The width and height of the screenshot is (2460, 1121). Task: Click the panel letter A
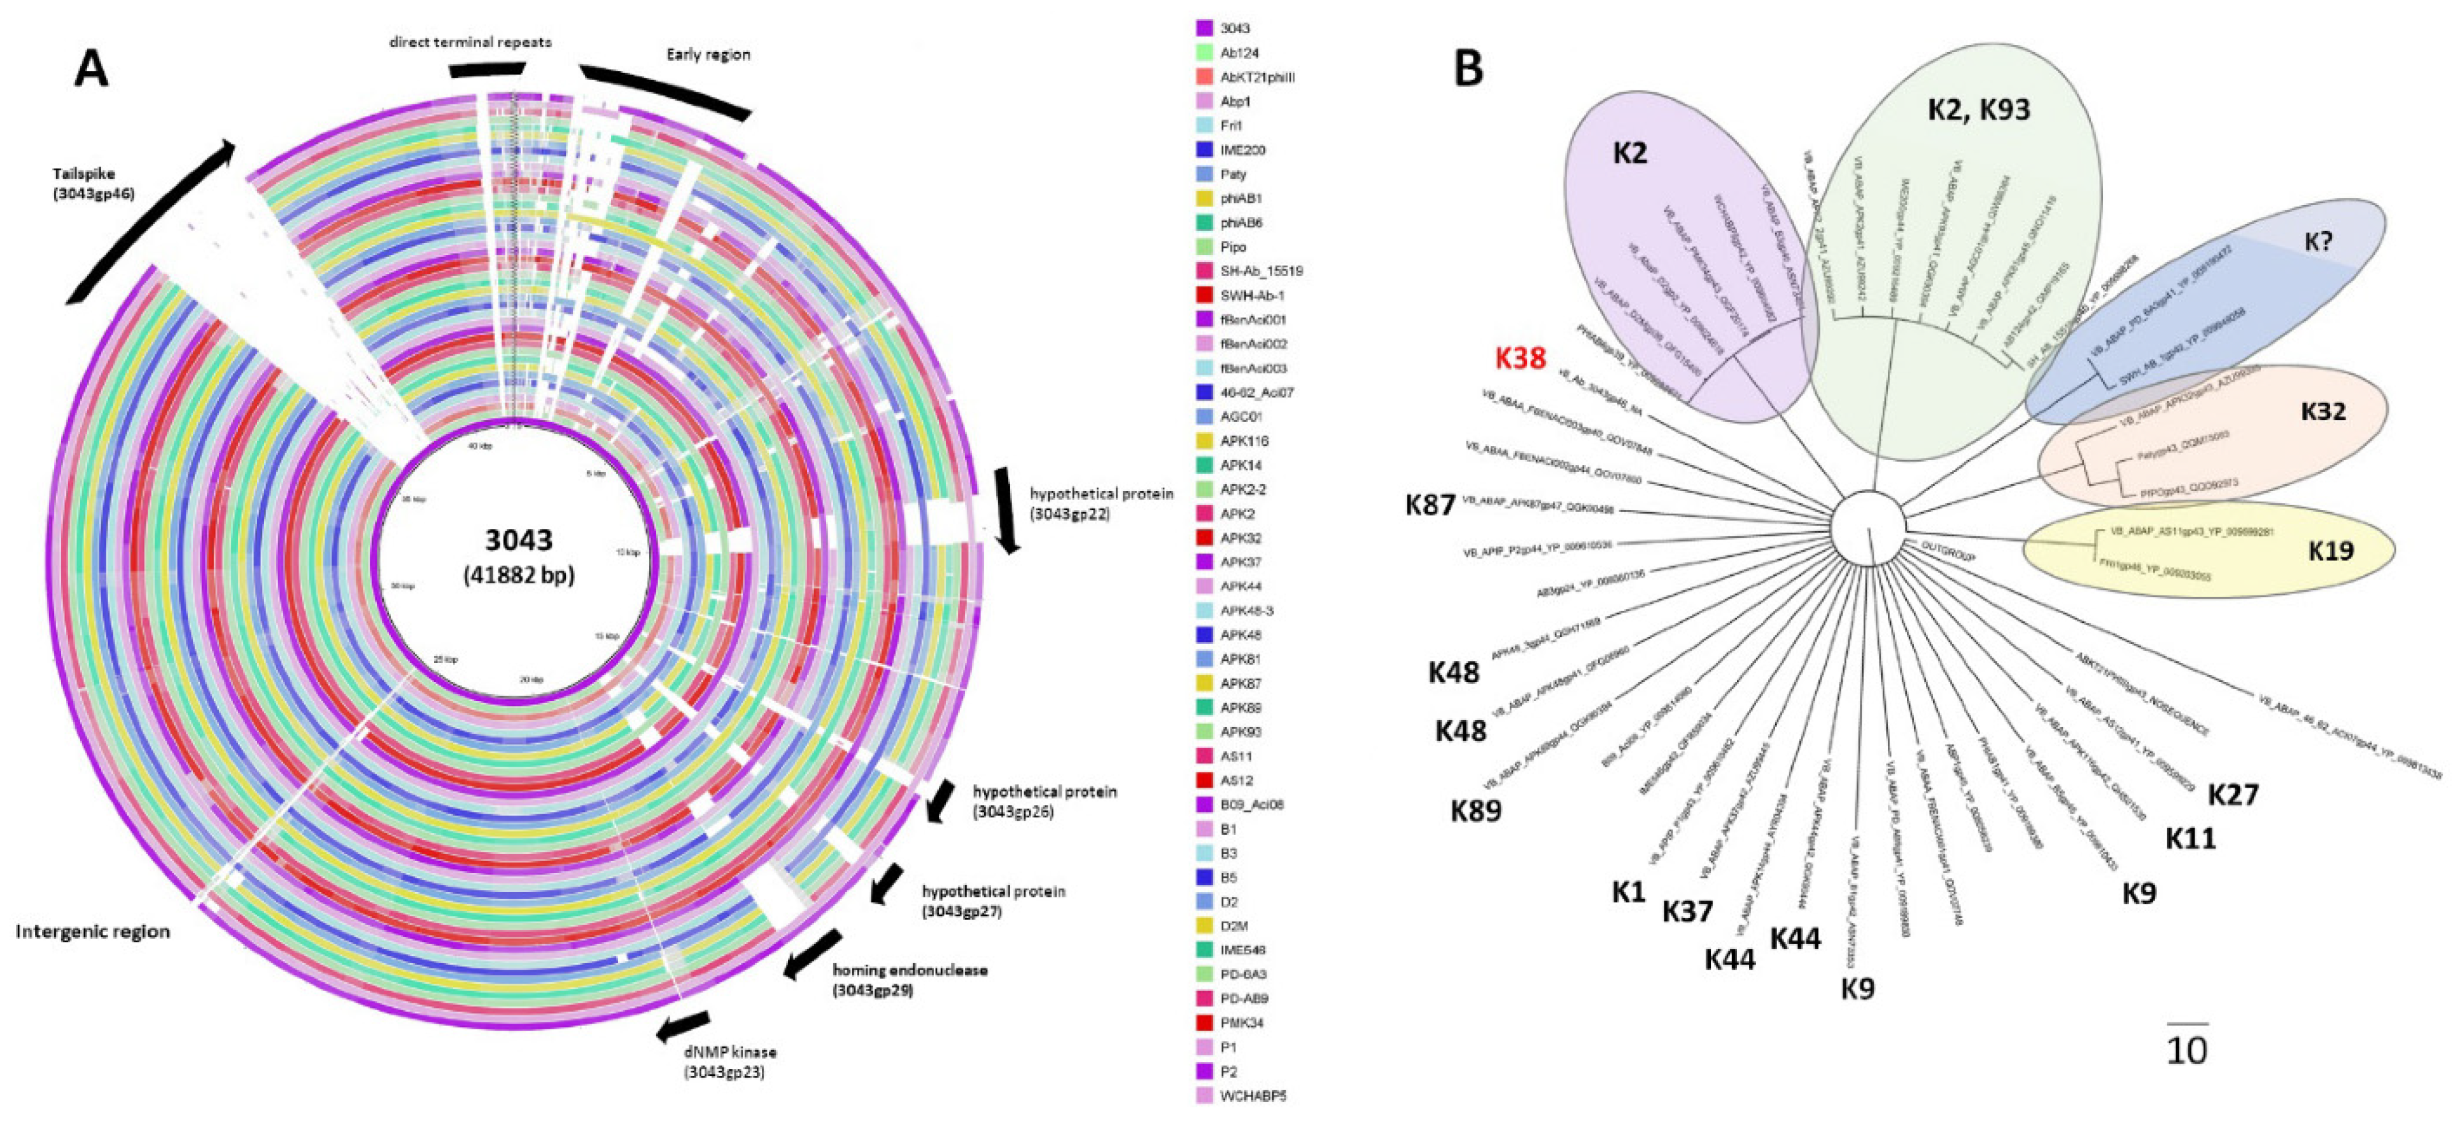point(92,69)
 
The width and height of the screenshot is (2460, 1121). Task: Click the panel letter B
point(1468,69)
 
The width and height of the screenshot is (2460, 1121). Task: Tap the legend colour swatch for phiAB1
point(1204,198)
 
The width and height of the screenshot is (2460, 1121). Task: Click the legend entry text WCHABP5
point(1253,1096)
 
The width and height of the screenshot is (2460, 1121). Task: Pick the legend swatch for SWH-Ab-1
point(1204,296)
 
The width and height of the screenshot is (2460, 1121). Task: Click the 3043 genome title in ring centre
point(519,540)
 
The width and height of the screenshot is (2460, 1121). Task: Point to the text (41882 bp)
point(519,575)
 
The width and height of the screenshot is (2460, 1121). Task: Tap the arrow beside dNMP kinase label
point(683,1026)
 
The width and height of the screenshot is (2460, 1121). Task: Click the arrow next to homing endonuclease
point(812,955)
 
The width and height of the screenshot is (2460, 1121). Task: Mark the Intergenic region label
point(93,932)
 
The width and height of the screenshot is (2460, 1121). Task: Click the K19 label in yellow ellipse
point(2330,551)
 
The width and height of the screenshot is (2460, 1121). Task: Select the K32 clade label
point(2323,412)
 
